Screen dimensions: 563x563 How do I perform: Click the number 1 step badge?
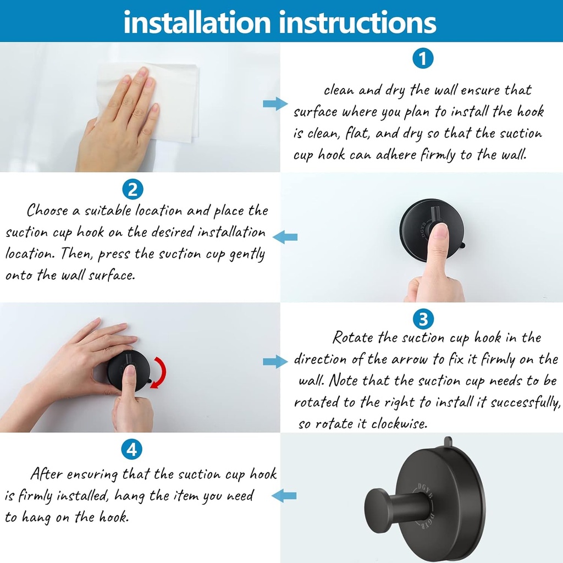tap(422, 58)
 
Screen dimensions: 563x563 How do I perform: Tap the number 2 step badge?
tap(132, 190)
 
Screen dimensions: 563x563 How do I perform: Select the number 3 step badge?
tap(422, 318)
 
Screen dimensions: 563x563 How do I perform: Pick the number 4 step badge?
tap(132, 450)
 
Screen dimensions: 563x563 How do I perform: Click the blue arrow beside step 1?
tap(275, 104)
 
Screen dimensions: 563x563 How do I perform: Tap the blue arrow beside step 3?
tap(275, 361)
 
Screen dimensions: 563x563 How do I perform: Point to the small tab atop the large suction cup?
tap(448, 441)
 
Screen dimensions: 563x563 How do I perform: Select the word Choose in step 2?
tap(47, 211)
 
